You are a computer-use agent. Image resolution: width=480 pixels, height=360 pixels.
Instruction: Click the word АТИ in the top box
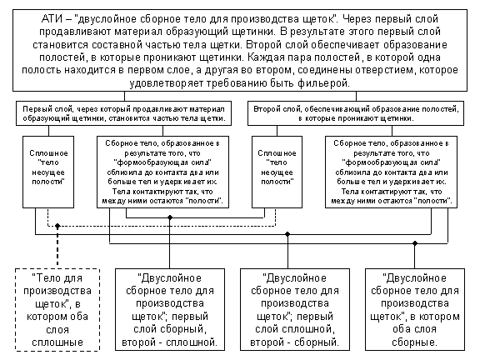[x=52, y=19]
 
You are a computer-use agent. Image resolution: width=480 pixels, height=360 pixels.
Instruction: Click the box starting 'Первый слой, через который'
[x=123, y=113]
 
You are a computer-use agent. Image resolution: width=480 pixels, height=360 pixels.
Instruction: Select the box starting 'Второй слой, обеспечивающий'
[x=356, y=113]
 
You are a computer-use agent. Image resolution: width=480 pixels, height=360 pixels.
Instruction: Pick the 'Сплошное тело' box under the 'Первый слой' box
[x=48, y=172]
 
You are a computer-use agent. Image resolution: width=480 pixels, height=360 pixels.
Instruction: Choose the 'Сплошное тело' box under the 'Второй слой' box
[x=277, y=172]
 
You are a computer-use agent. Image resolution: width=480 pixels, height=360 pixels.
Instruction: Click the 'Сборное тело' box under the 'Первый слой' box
[x=162, y=172]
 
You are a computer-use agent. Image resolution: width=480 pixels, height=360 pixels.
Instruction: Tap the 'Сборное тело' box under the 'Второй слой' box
[x=391, y=172]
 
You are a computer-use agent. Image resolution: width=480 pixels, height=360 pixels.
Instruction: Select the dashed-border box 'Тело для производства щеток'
[x=57, y=309]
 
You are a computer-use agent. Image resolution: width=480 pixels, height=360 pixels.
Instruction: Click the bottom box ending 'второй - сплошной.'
[x=170, y=309]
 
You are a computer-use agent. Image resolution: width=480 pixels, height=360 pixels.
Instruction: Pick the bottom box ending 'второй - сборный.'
[x=295, y=309]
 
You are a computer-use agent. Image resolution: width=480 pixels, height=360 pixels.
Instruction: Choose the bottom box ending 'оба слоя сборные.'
[x=415, y=309]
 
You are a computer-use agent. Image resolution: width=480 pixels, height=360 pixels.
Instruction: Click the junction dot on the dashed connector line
[x=57, y=226]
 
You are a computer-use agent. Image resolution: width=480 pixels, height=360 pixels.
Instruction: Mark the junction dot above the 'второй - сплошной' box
[x=170, y=217]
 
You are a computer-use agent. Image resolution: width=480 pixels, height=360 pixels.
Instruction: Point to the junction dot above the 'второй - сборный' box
[x=287, y=234]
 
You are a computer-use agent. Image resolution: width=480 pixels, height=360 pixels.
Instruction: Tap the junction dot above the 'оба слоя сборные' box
[x=415, y=243]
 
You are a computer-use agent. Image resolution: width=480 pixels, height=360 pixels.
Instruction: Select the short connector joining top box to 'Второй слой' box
[x=356, y=97]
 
